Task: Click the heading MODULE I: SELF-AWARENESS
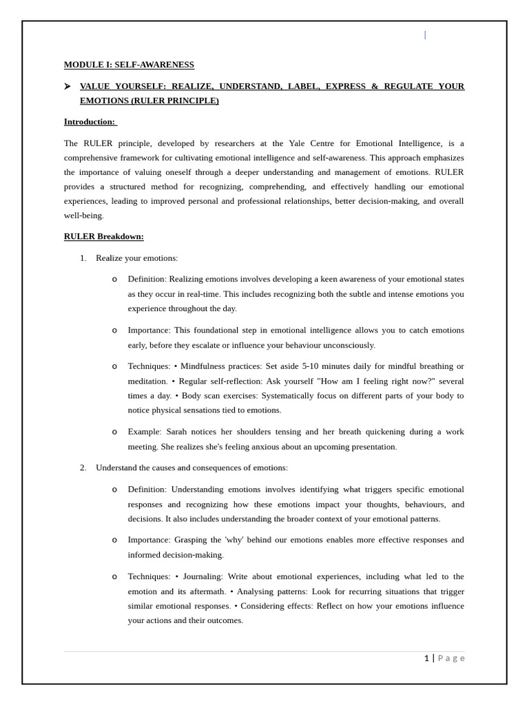pos(129,65)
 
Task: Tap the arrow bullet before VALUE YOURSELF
pos(68,86)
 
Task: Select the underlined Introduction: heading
pos(90,122)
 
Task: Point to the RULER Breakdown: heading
pos(104,236)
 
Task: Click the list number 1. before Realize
pos(83,258)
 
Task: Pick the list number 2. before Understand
pos(83,467)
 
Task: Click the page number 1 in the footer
pos(426,658)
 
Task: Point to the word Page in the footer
pos(451,658)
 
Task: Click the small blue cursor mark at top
pos(425,35)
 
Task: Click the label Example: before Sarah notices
pos(145,432)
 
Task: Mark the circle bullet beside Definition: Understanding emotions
pos(114,490)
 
